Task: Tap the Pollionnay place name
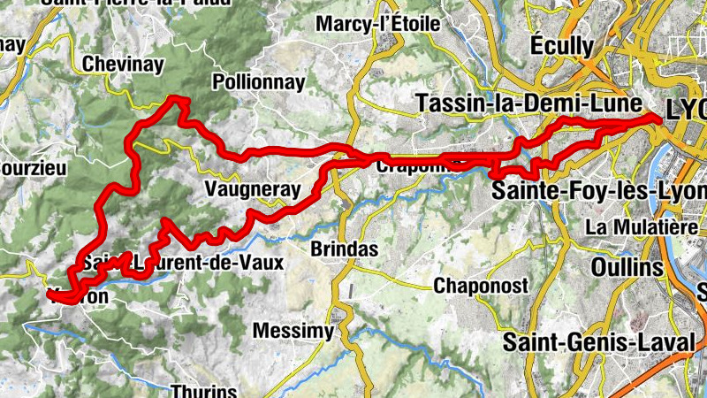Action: (x=259, y=83)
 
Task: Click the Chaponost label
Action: (x=481, y=286)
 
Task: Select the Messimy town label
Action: (x=293, y=331)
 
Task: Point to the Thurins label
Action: (x=204, y=390)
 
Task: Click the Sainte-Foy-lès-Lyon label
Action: (x=600, y=191)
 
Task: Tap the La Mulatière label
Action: (x=642, y=227)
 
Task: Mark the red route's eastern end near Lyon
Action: (x=658, y=118)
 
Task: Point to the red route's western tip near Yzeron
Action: (x=49, y=293)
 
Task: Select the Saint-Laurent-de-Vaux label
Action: (x=183, y=263)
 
